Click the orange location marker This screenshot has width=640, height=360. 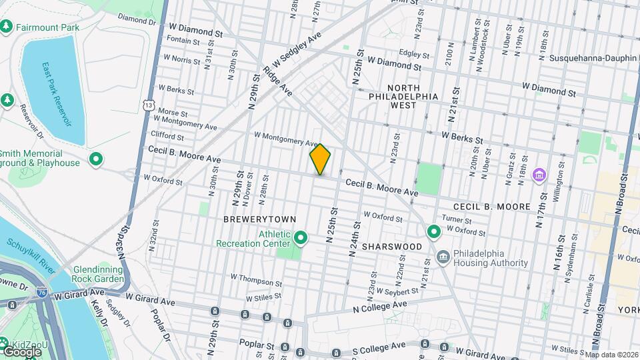click(x=320, y=159)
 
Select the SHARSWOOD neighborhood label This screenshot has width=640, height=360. click(x=391, y=247)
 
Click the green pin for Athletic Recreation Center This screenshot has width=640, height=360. click(x=301, y=237)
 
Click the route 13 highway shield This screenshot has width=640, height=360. click(x=148, y=105)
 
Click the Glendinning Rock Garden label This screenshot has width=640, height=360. click(x=97, y=273)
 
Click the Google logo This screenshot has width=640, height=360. click(x=22, y=351)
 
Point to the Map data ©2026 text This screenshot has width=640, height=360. click(x=611, y=354)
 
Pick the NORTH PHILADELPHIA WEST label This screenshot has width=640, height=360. click(x=404, y=96)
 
